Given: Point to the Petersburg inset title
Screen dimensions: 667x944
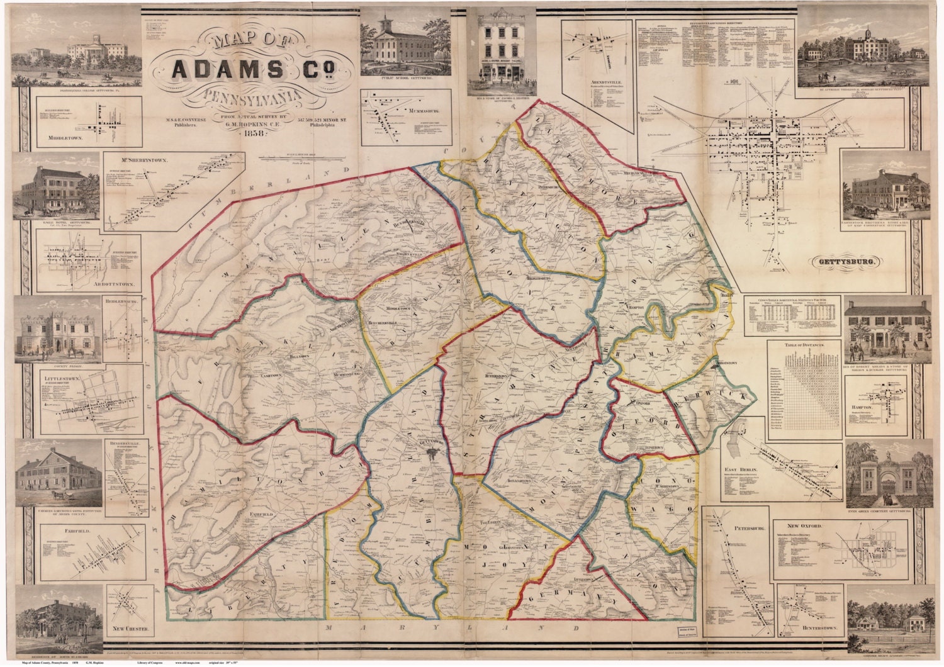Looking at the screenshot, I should tap(746, 529).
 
